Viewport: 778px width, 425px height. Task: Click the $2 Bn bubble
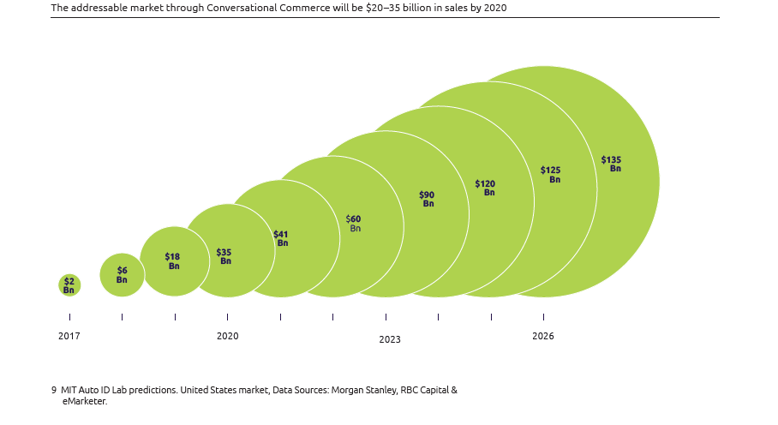click(69, 285)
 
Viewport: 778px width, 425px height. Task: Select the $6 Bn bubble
click(122, 275)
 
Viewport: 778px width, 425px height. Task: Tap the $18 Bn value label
click(172, 261)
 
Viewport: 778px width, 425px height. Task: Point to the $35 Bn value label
click(224, 256)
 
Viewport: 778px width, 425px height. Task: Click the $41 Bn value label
click(281, 238)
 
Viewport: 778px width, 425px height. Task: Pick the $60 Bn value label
click(354, 224)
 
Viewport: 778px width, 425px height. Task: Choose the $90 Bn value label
click(427, 199)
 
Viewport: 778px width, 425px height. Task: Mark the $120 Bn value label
click(486, 188)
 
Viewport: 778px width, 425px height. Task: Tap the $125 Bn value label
click(551, 175)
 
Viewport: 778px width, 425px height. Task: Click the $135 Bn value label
click(612, 164)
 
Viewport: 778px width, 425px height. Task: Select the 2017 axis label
click(69, 336)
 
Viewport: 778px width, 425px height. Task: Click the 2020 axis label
click(228, 336)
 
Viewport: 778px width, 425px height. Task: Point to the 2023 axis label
click(390, 339)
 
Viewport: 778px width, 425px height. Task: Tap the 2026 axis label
click(543, 336)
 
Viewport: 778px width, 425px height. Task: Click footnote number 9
click(54, 390)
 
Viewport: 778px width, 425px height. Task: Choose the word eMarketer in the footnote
click(83, 401)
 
